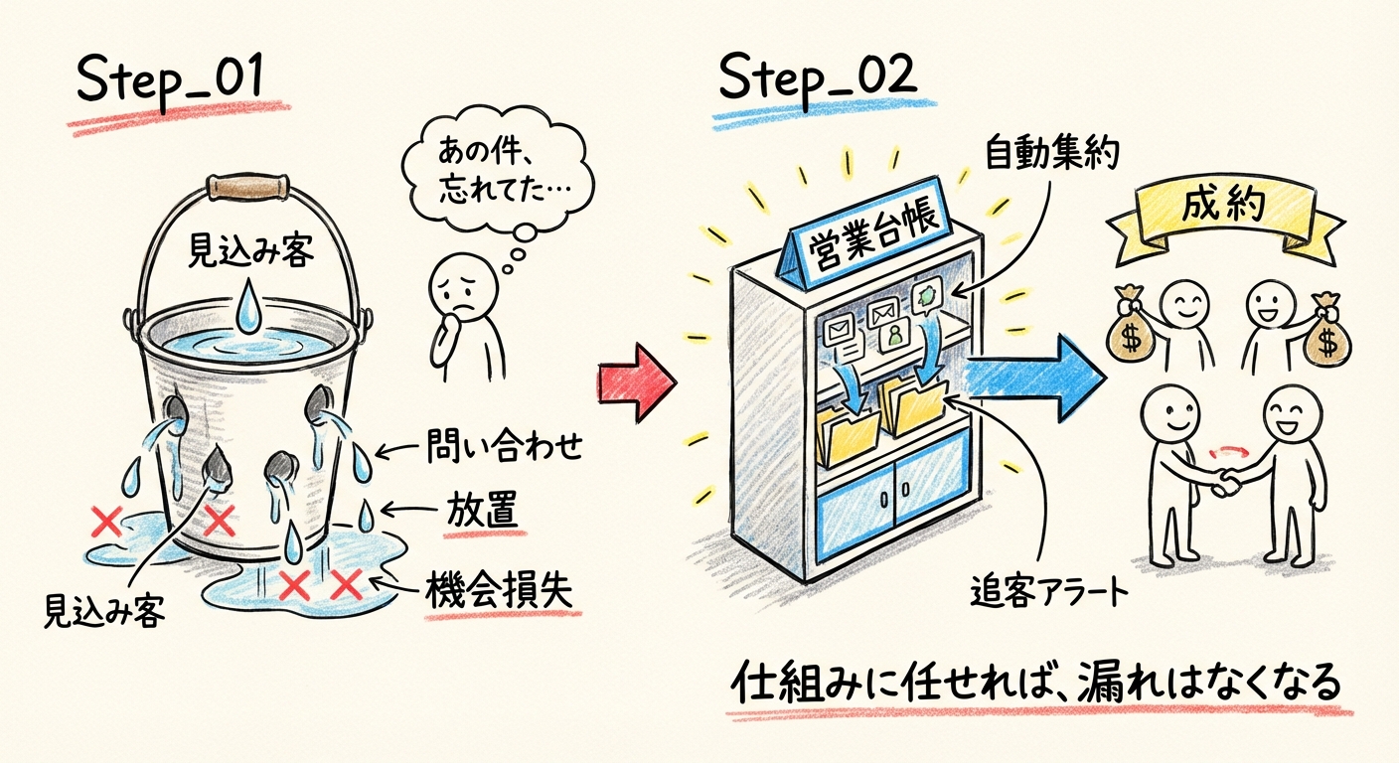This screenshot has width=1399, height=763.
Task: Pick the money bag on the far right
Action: (x=1325, y=332)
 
